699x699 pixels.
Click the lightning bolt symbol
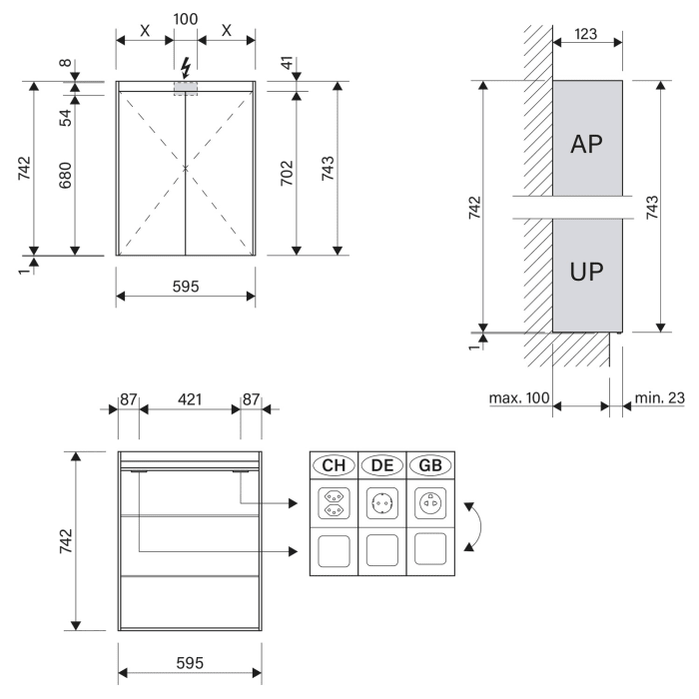pos(185,69)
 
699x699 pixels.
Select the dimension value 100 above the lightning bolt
pos(186,18)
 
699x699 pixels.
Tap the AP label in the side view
pos(587,144)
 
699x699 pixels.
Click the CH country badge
pos(333,465)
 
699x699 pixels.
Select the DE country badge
pos(382,465)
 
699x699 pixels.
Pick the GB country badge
pos(431,465)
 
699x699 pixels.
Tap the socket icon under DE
pos(382,504)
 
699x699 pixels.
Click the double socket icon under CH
pos(333,504)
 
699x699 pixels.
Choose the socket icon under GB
pos(431,504)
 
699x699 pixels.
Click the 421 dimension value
pos(190,399)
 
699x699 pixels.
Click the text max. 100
pos(519,398)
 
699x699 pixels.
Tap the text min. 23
pos(660,398)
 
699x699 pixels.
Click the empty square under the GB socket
pos(431,549)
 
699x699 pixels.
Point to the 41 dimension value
pos(287,67)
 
